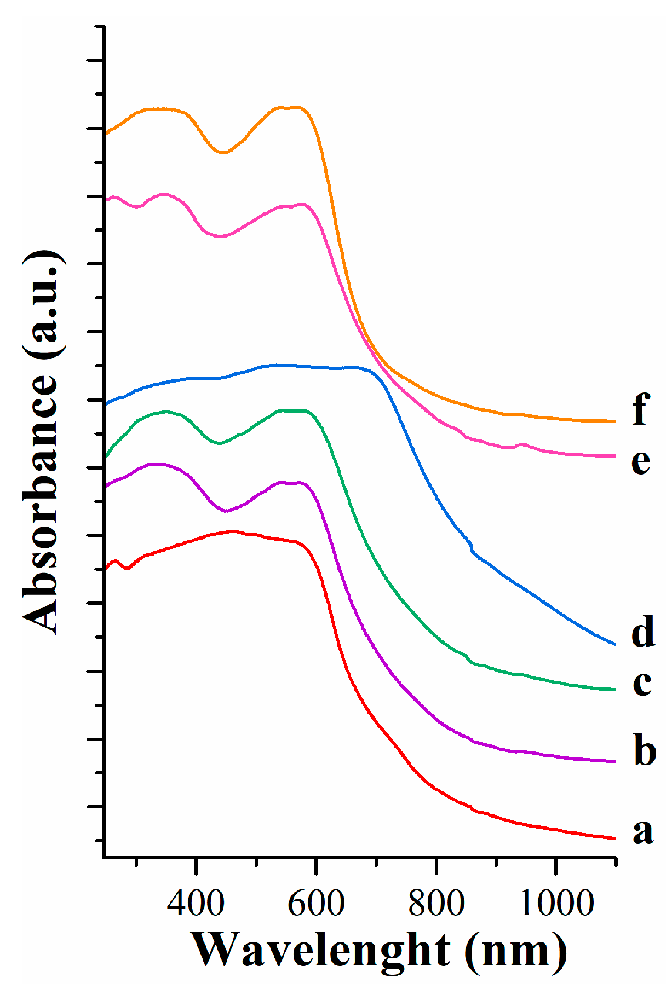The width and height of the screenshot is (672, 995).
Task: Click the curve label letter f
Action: point(640,409)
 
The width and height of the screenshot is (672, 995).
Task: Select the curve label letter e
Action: point(640,462)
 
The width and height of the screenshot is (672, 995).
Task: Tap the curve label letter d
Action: point(642,631)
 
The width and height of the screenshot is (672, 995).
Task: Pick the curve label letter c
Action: point(641,684)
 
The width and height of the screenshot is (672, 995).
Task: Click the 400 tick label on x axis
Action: point(196,903)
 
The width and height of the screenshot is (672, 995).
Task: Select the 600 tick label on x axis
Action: point(316,903)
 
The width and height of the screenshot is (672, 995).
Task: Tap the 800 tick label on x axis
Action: point(436,903)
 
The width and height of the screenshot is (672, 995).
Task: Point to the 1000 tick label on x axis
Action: point(556,903)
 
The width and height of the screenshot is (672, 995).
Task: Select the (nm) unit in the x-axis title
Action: point(515,951)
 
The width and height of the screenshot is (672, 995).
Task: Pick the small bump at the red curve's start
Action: point(116,562)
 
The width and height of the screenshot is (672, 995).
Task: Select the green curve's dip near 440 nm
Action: point(219,443)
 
